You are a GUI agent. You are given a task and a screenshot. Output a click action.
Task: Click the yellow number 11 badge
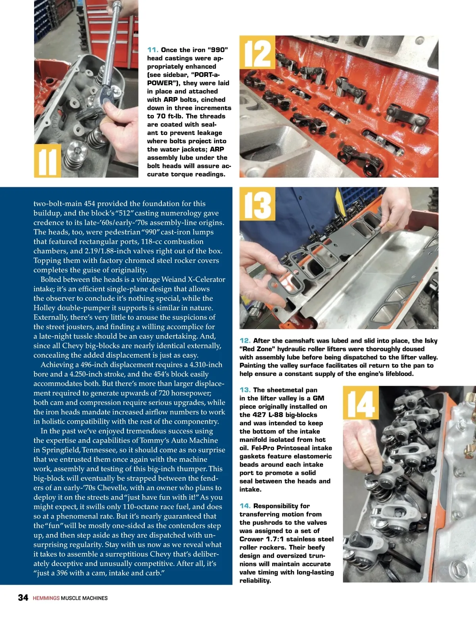pyautogui.click(x=48, y=161)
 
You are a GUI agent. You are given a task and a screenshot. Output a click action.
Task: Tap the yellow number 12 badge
pyautogui.click(x=257, y=52)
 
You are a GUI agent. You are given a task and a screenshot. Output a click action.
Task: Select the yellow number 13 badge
pyautogui.click(x=257, y=204)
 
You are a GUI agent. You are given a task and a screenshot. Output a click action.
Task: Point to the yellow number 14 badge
pyautogui.click(x=361, y=403)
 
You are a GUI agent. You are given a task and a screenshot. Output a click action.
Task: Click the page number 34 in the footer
pyautogui.click(x=23, y=597)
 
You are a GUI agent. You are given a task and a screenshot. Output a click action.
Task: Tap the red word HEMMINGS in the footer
pyautogui.click(x=46, y=598)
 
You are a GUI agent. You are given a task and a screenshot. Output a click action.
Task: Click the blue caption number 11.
pyautogui.click(x=153, y=50)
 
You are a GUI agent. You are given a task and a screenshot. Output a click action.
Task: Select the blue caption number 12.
pyautogui.click(x=245, y=340)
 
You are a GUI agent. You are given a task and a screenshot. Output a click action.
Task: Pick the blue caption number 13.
pyautogui.click(x=245, y=390)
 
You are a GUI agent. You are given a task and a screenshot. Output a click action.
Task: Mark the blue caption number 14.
pyautogui.click(x=245, y=506)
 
